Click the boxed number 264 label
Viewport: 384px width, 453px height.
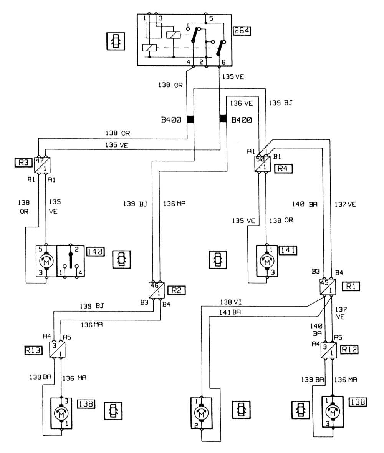coord(242,31)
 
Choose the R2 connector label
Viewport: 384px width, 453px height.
coord(177,290)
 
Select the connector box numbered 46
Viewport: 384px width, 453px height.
coord(157,290)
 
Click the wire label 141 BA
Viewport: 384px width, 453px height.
coord(230,313)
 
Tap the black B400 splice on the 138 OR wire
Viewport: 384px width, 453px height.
coord(190,119)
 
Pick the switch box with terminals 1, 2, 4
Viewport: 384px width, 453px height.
coord(71,260)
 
